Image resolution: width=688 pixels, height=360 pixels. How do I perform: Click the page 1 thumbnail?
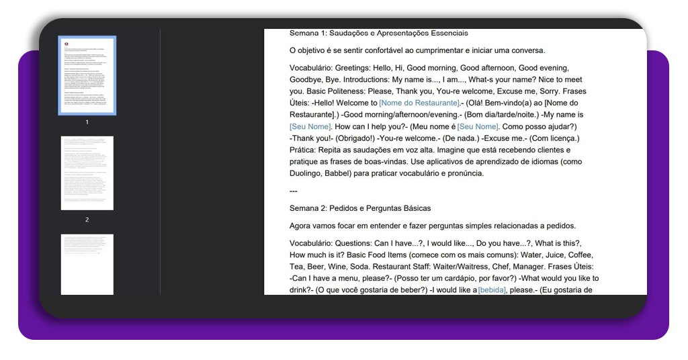[x=87, y=75]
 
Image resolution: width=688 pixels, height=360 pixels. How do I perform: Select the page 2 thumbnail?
[x=87, y=173]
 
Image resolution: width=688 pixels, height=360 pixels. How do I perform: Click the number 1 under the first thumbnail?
[x=87, y=122]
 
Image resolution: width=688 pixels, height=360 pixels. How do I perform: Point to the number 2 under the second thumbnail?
[x=87, y=220]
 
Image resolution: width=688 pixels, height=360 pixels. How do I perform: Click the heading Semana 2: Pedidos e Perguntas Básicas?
[x=359, y=208]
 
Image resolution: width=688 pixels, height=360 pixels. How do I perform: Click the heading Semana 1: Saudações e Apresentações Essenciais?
[x=378, y=33]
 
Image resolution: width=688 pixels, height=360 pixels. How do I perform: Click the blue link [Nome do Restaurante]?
[x=419, y=103]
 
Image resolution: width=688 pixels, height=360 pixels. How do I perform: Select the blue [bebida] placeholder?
[x=492, y=290]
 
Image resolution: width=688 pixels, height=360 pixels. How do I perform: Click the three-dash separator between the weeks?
[x=293, y=191]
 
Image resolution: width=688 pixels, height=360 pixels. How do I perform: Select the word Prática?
[x=306, y=150]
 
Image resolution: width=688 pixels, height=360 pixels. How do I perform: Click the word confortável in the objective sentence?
[x=385, y=50]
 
